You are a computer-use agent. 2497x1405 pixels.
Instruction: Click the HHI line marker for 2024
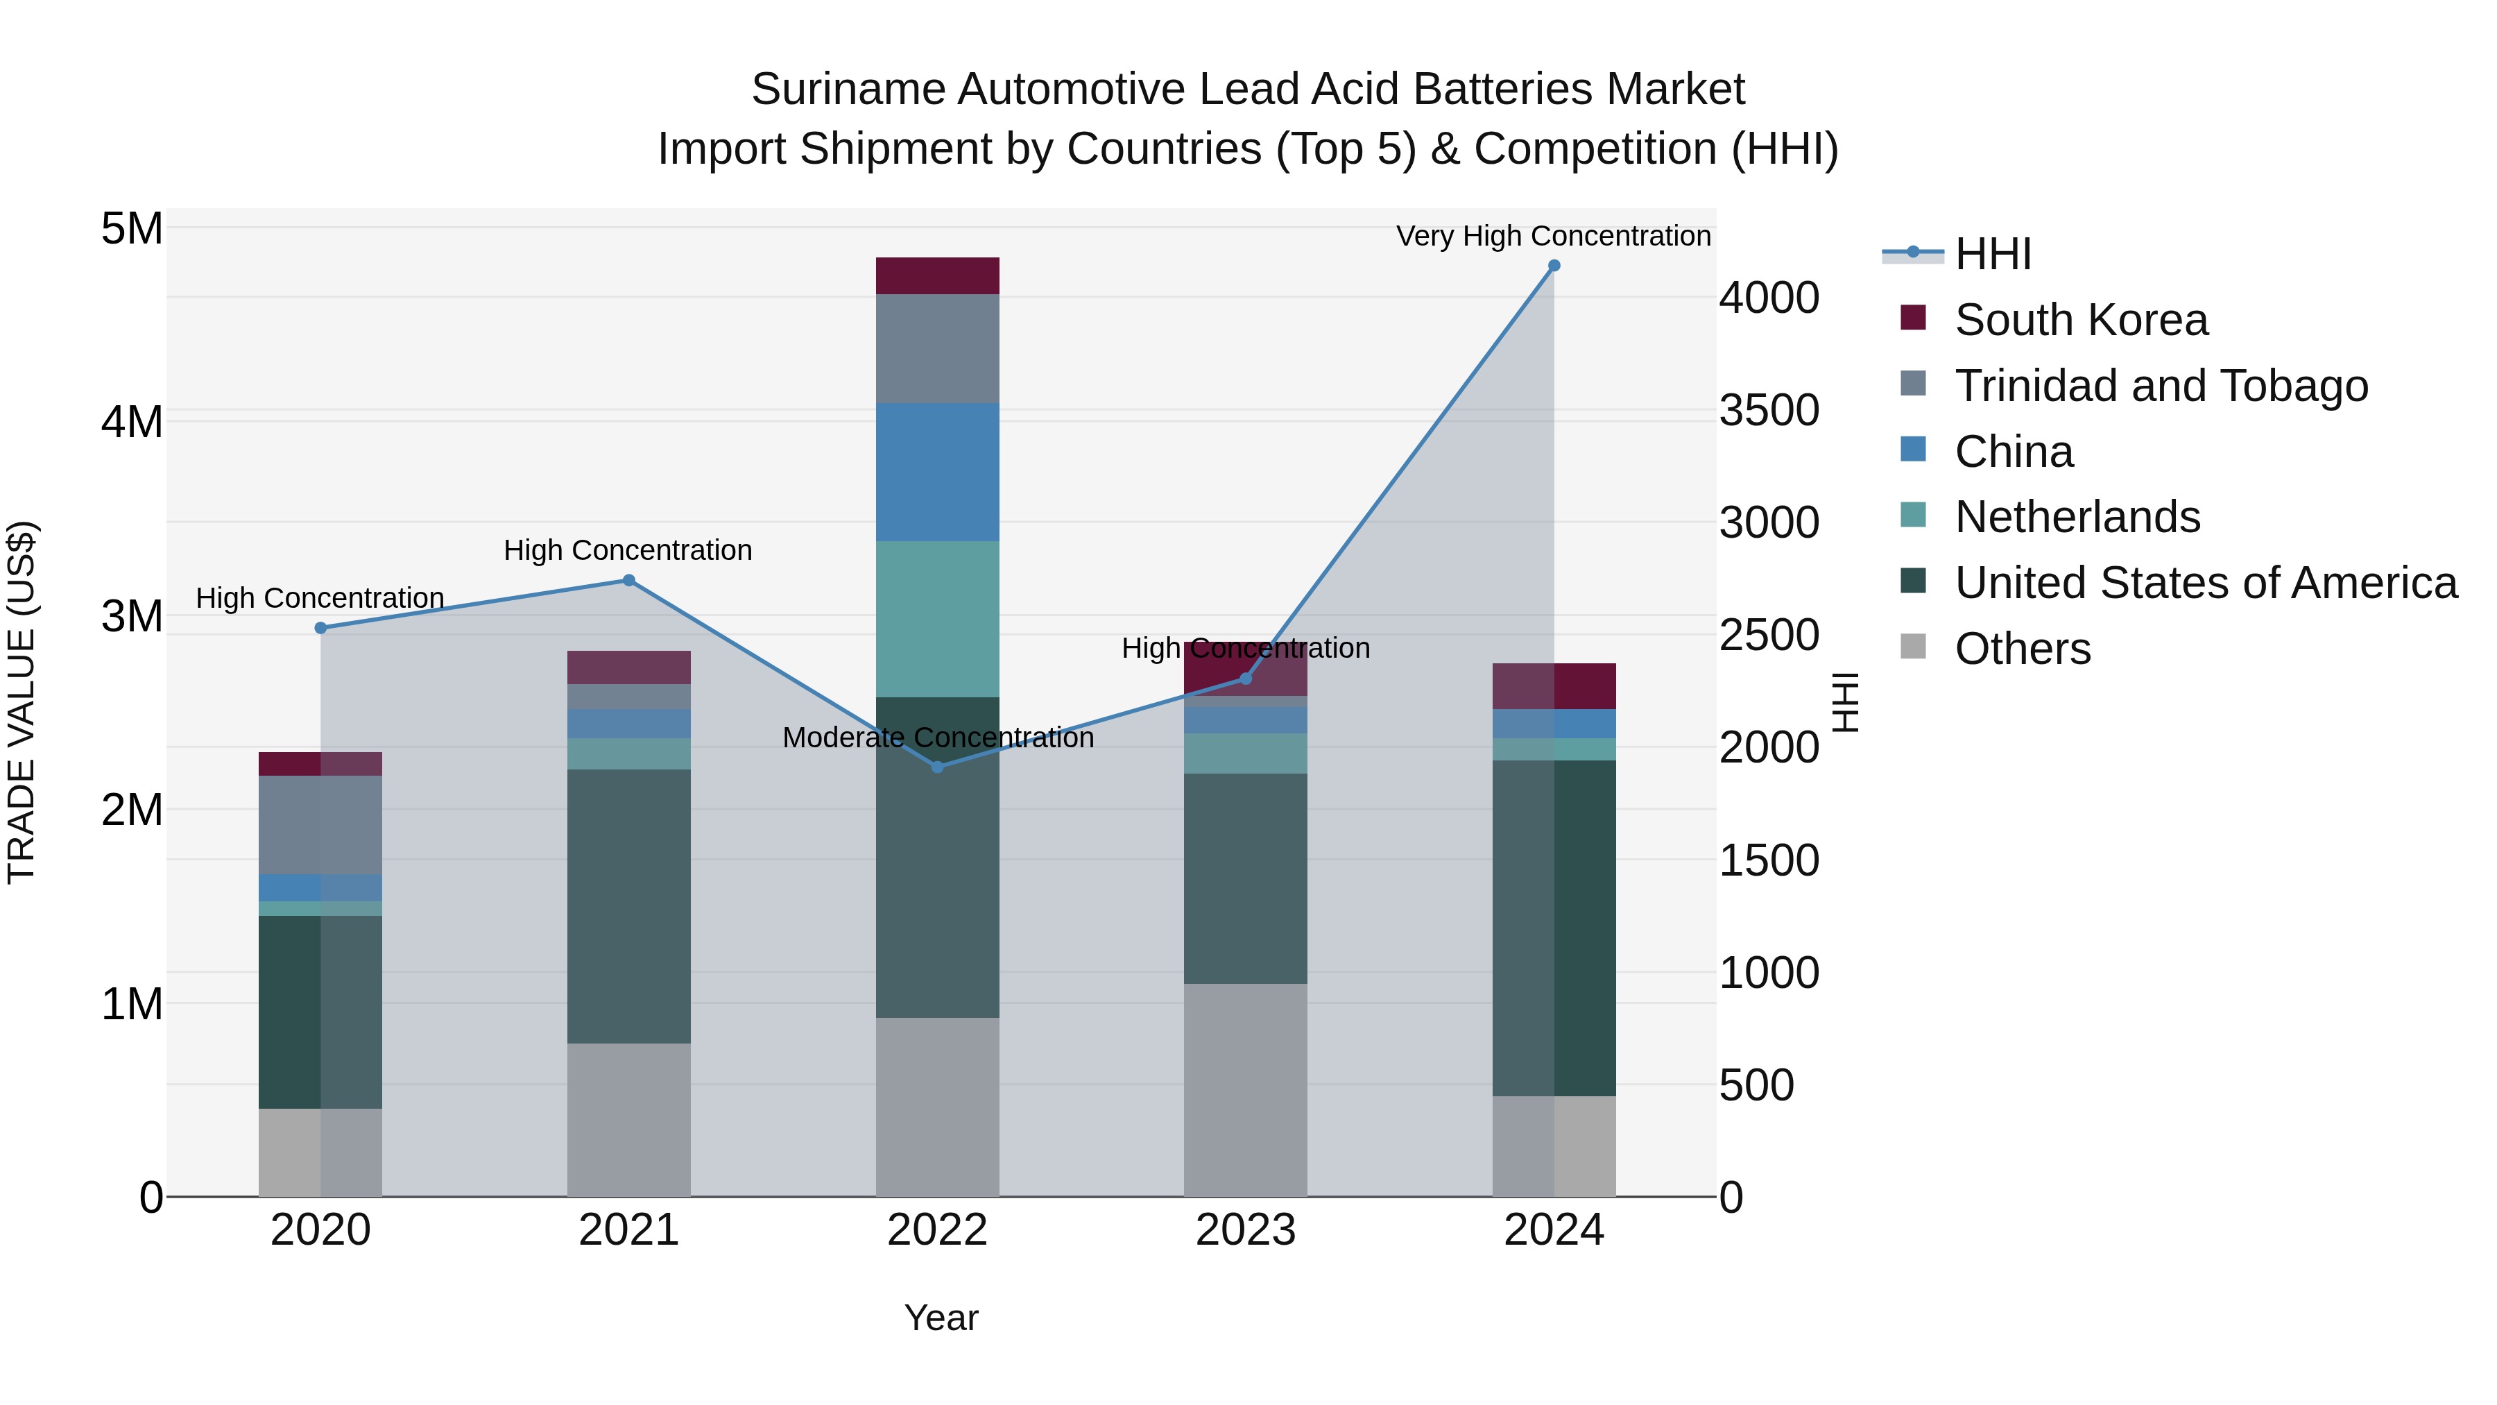[1554, 266]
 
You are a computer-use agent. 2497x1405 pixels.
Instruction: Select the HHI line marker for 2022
[937, 767]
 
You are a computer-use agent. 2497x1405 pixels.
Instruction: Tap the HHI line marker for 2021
[628, 581]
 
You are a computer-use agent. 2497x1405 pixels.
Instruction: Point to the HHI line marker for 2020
[321, 629]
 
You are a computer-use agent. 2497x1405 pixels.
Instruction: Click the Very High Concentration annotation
[1553, 237]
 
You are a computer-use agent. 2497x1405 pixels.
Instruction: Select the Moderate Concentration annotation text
[937, 738]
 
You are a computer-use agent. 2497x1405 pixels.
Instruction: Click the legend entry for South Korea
[2080, 320]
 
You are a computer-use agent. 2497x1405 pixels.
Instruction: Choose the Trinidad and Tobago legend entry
[2161, 386]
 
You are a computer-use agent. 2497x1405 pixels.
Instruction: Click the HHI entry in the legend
[1992, 254]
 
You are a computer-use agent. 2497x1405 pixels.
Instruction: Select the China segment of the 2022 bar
[937, 472]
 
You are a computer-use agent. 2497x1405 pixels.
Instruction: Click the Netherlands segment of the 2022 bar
[937, 619]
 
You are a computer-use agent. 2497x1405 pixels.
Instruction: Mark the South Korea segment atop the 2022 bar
[937, 276]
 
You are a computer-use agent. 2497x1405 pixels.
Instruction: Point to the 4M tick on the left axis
[132, 422]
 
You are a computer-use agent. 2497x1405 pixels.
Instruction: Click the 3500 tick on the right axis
[1769, 410]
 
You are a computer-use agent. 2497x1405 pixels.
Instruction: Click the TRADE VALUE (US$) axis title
[22, 702]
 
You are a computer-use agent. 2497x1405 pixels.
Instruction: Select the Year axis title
[941, 1318]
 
